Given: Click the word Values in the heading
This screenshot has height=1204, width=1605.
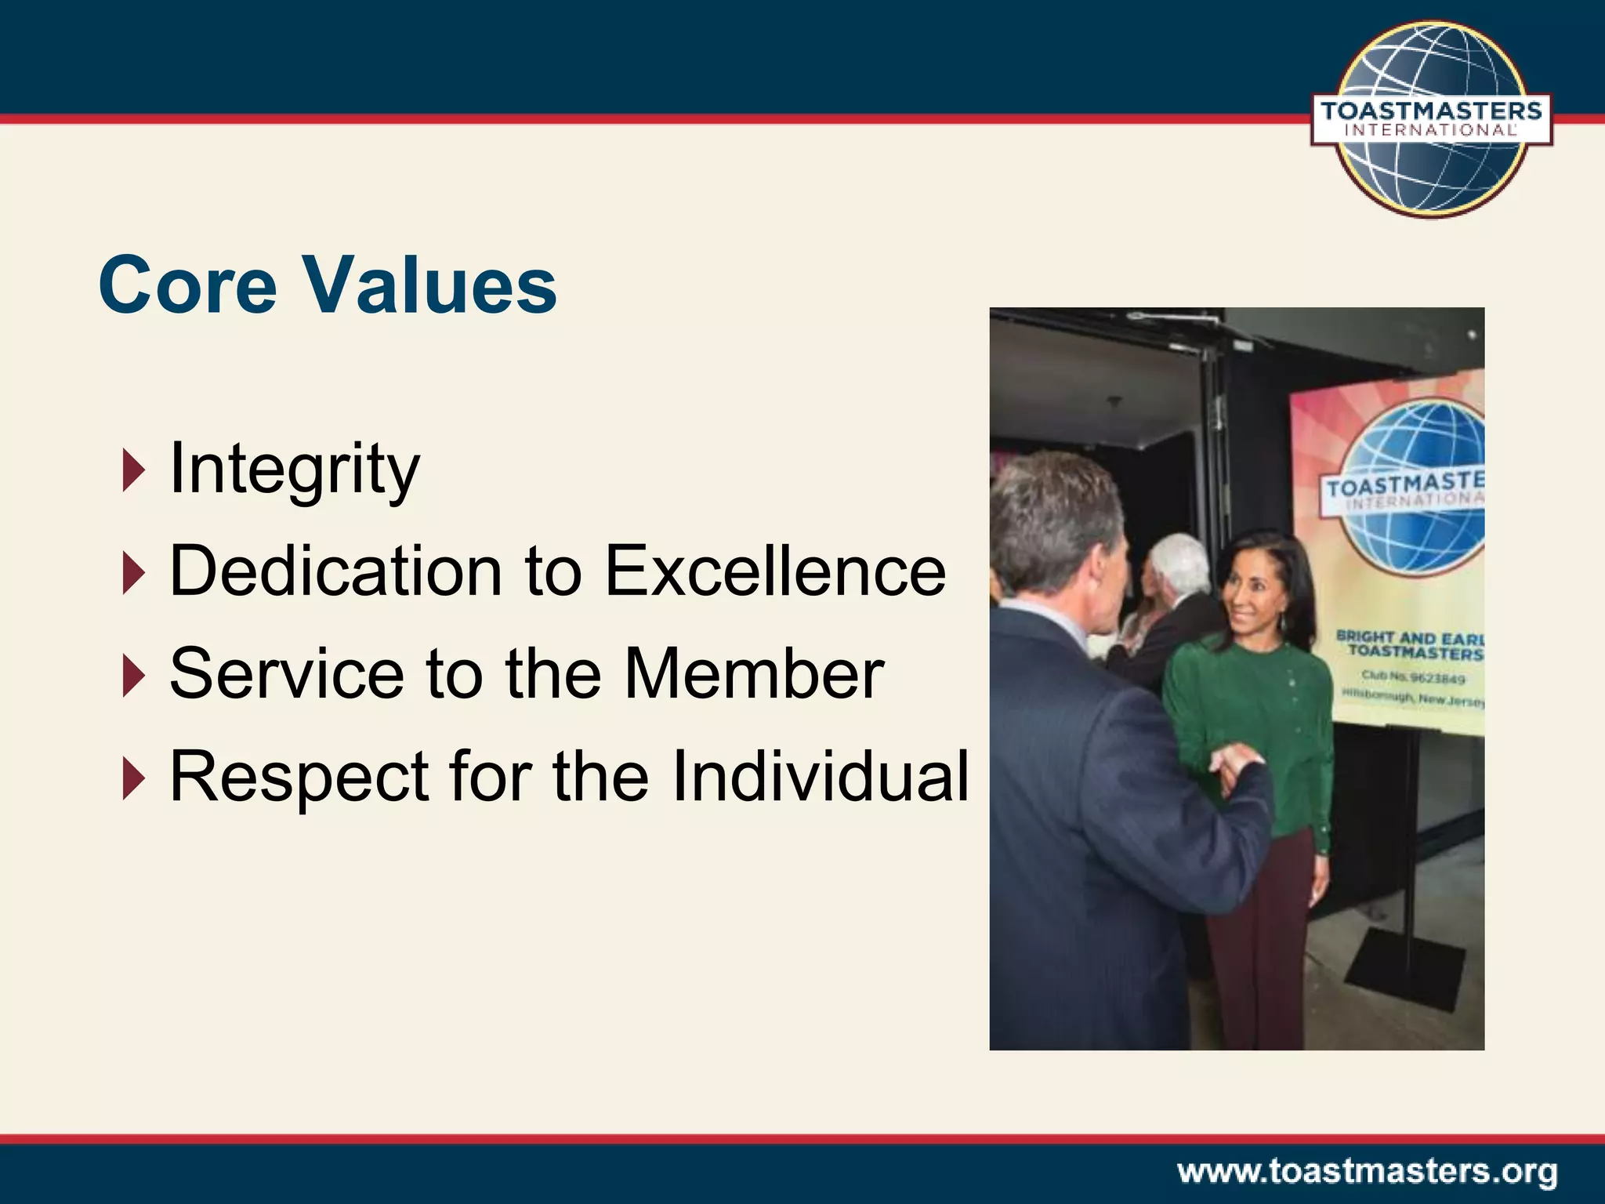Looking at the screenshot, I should (x=431, y=285).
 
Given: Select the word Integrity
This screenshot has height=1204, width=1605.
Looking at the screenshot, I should (x=295, y=470).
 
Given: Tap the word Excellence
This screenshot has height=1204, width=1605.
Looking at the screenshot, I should (x=775, y=571).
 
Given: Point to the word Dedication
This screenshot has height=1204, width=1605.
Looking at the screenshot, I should (x=335, y=571).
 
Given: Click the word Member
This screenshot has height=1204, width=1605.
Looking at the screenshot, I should (x=754, y=674).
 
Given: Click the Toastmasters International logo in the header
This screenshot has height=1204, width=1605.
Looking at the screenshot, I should (x=1431, y=119).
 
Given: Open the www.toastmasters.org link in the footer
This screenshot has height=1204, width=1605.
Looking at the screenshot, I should (x=1367, y=1173).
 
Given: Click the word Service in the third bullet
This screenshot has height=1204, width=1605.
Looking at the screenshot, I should (x=287, y=674).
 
